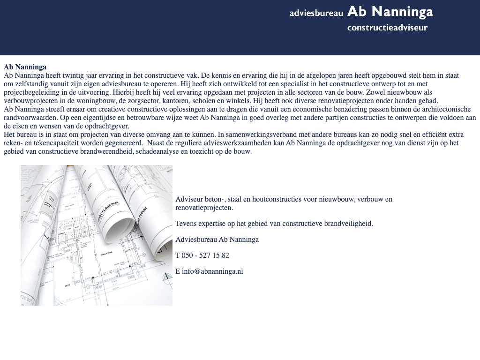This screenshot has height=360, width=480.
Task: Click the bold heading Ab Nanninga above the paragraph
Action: pyautogui.click(x=25, y=67)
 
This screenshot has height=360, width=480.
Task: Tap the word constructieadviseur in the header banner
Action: pyautogui.click(x=387, y=28)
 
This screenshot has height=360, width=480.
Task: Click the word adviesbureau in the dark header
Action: pyautogui.click(x=316, y=13)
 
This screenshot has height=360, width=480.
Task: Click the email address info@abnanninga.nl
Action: pyautogui.click(x=212, y=271)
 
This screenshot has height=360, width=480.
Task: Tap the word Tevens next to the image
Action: pyautogui.click(x=186, y=224)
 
